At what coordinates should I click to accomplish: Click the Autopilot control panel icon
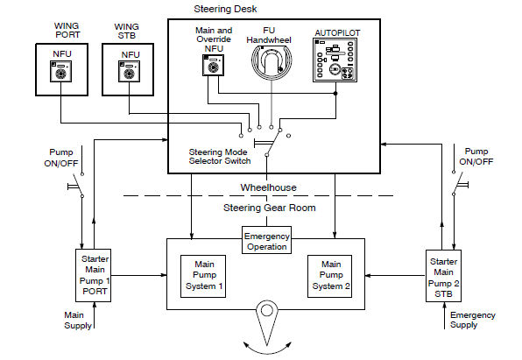pos(335,60)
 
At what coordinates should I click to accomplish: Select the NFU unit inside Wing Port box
pos(61,71)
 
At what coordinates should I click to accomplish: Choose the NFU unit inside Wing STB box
pos(129,71)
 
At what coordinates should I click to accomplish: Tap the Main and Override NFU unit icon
pos(214,66)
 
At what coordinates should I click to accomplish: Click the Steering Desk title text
pos(225,9)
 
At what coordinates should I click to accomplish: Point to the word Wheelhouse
pos(268,187)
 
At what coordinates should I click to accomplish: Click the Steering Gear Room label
pos(270,208)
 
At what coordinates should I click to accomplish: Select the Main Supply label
pos(78,320)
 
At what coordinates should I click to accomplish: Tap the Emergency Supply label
pos(473,320)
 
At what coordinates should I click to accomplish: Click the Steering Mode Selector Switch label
pos(220,157)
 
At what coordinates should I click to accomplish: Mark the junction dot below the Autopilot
pos(335,93)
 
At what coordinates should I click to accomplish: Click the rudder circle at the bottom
pos(266,310)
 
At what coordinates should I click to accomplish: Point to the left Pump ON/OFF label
pos(61,158)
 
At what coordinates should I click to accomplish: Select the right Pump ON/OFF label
pos(476,157)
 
